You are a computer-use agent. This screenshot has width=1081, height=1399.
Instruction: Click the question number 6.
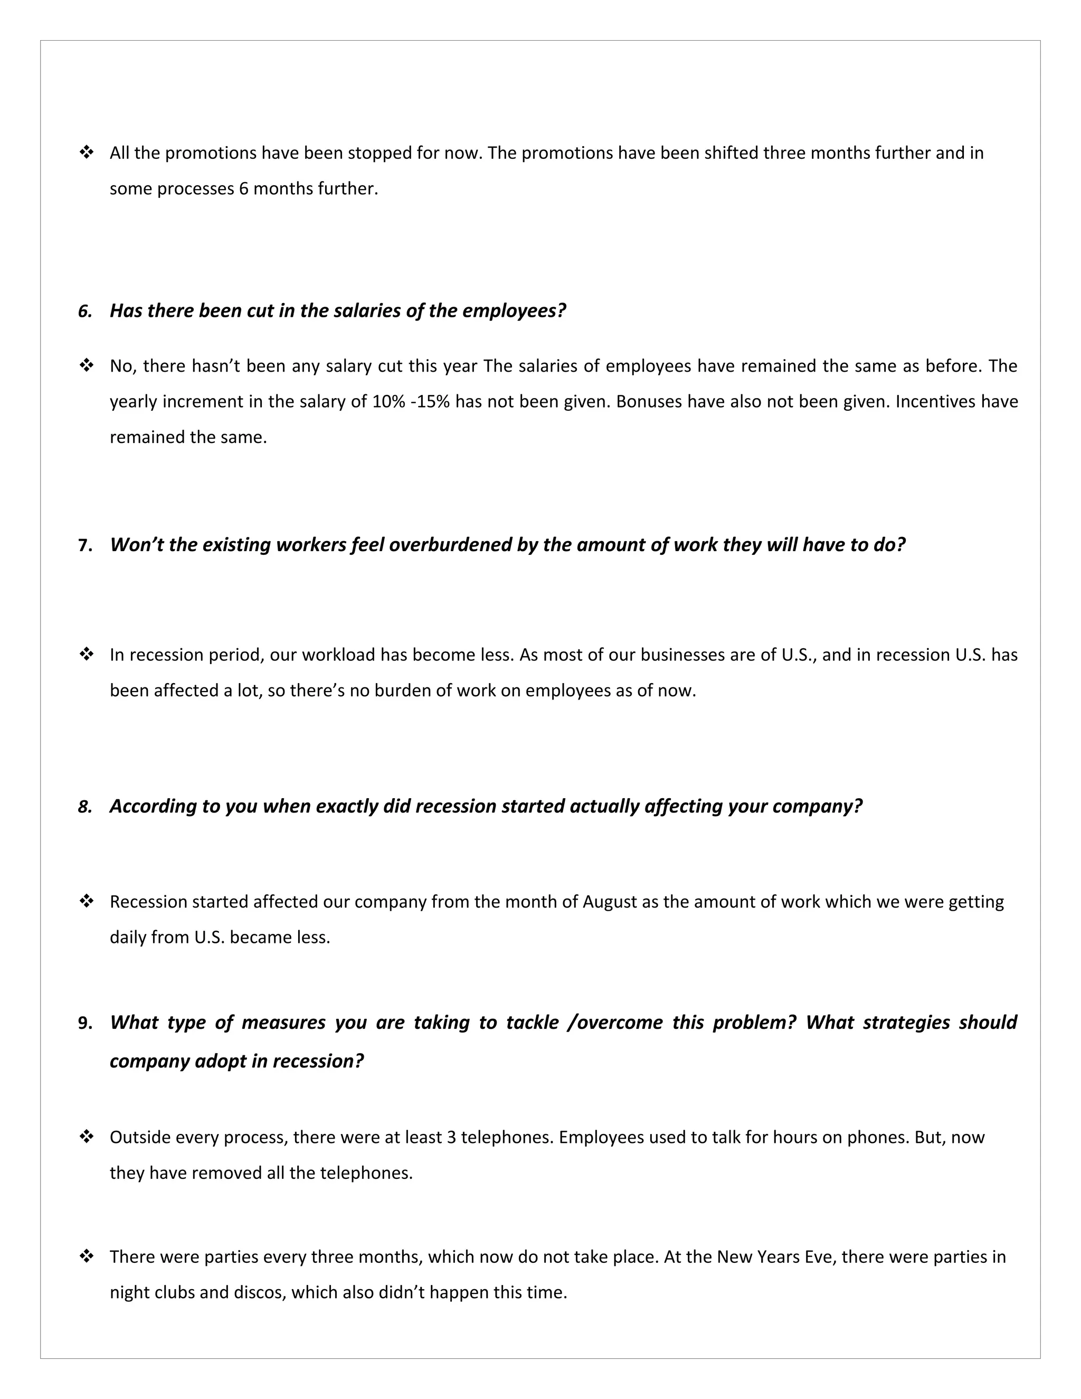point(84,311)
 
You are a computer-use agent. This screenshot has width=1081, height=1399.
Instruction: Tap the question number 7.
point(85,545)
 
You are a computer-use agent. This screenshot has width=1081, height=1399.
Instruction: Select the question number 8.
point(84,807)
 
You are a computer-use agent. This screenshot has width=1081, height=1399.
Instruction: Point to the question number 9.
point(85,1023)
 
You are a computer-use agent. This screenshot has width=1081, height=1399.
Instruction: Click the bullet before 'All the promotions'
point(86,153)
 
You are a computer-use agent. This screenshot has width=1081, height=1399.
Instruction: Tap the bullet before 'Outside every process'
point(86,1137)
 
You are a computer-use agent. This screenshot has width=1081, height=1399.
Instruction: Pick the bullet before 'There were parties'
point(86,1257)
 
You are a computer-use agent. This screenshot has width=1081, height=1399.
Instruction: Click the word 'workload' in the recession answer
point(338,655)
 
